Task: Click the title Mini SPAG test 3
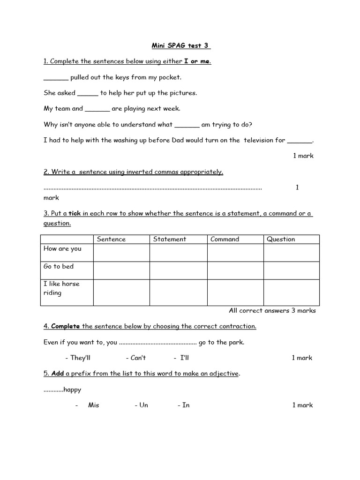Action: click(x=180, y=45)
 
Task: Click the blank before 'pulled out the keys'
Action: click(x=56, y=78)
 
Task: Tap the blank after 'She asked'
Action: click(x=88, y=93)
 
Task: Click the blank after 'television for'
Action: click(x=299, y=141)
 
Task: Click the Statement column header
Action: click(x=170, y=239)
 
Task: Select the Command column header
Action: click(x=225, y=239)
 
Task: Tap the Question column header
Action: click(x=281, y=239)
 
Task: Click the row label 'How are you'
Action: click(x=62, y=249)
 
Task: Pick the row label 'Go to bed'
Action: click(x=59, y=266)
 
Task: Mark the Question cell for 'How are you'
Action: click(x=291, y=253)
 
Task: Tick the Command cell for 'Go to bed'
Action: click(x=235, y=270)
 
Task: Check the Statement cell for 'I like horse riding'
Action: click(x=178, y=292)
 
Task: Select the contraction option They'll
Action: click(x=80, y=358)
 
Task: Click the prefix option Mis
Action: click(x=93, y=405)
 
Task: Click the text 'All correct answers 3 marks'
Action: click(x=272, y=310)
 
